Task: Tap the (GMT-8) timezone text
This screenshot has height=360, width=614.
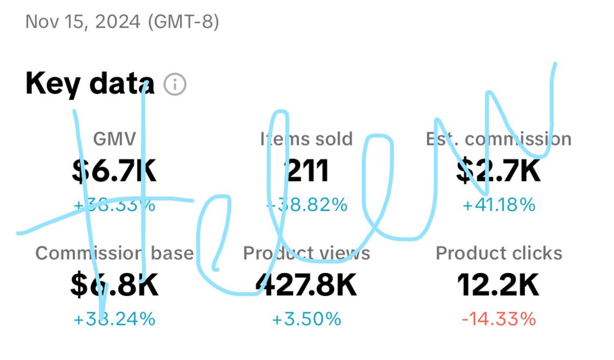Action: point(183,22)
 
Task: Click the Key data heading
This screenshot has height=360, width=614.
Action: point(90,84)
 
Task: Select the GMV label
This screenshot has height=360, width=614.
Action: point(115,139)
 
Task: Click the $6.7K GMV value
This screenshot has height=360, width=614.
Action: point(115,171)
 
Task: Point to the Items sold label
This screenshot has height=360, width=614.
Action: point(306,139)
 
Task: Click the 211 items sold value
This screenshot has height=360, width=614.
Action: point(306,171)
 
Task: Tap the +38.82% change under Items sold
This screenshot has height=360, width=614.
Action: point(306,205)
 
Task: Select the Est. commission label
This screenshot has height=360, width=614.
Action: point(498,139)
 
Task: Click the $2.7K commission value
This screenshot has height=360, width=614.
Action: point(498,171)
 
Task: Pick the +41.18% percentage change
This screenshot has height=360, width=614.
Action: point(498,205)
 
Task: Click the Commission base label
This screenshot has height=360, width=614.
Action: point(115,253)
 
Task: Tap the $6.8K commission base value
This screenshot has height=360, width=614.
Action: point(115,285)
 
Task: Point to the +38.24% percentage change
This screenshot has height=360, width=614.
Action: point(115,320)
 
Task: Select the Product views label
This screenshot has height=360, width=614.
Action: point(306,253)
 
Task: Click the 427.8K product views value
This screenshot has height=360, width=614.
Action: point(306,285)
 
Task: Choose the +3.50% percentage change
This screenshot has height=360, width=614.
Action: point(306,320)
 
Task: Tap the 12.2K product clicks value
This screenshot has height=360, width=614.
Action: point(498,285)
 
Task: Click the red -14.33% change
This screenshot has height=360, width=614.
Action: point(498,320)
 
